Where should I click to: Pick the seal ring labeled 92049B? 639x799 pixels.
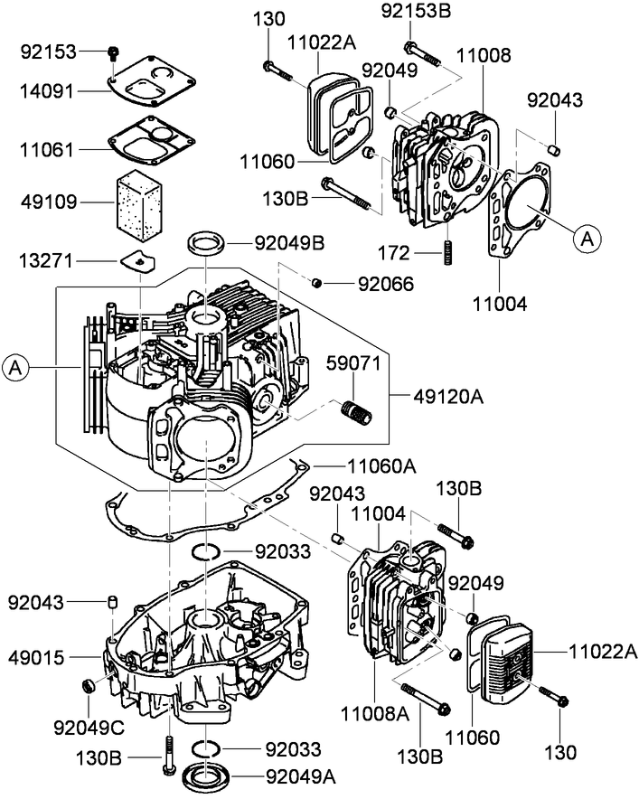[x=208, y=243]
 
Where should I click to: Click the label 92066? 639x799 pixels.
[x=386, y=284]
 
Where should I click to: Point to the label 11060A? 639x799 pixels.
[x=379, y=465]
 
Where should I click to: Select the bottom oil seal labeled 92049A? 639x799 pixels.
[x=208, y=775]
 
